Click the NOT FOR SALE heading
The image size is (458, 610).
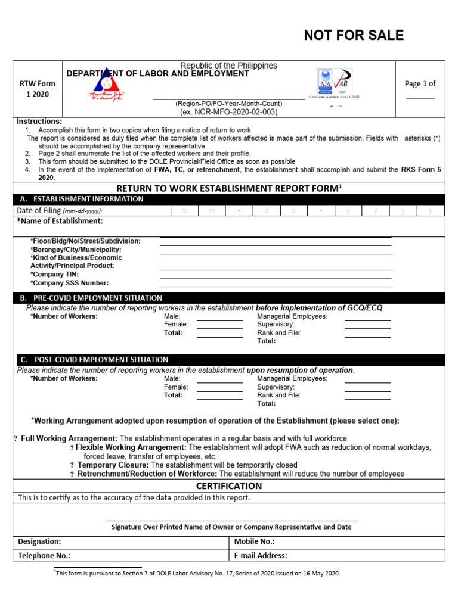coord(354,36)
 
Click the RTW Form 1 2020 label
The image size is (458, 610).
coord(37,89)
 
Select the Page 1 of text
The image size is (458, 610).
coord(420,84)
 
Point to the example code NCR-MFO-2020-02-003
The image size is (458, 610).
coord(229,112)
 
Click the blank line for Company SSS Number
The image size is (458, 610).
coord(276,287)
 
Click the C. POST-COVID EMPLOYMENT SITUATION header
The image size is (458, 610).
coord(94,360)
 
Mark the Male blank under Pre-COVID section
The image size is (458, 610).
coord(219,320)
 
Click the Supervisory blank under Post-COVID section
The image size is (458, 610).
coord(367,391)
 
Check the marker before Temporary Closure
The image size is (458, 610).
coord(72,465)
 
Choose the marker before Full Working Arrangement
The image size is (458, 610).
coord(16,439)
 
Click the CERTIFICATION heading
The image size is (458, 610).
coord(230,486)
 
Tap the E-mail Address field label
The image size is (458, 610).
coord(261,556)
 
